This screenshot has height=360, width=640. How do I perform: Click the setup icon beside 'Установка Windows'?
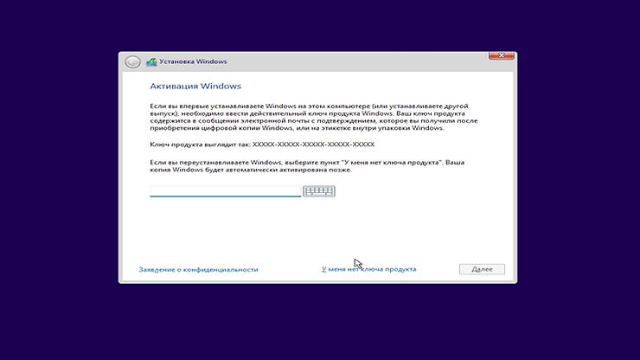pos(152,61)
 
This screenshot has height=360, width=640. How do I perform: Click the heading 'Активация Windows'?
pos(195,87)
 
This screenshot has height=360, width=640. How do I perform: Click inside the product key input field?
pos(225,190)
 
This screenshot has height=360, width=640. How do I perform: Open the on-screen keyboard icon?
pos(319,190)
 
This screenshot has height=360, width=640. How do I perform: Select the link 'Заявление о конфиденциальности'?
pos(198,269)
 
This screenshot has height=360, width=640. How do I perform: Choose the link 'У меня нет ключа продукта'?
pos(368,269)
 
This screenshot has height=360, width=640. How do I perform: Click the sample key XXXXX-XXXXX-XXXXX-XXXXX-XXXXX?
pos(313,144)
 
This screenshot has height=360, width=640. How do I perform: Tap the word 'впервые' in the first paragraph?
pos(184,105)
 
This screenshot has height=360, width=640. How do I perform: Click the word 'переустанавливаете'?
pos(202,162)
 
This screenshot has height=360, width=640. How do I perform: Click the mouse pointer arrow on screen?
pos(357,263)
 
